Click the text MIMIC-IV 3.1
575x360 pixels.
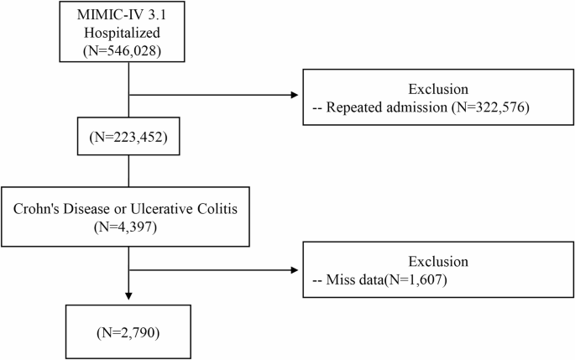(127, 18)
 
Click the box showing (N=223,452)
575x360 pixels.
(127, 136)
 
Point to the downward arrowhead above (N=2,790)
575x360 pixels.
(127, 296)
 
